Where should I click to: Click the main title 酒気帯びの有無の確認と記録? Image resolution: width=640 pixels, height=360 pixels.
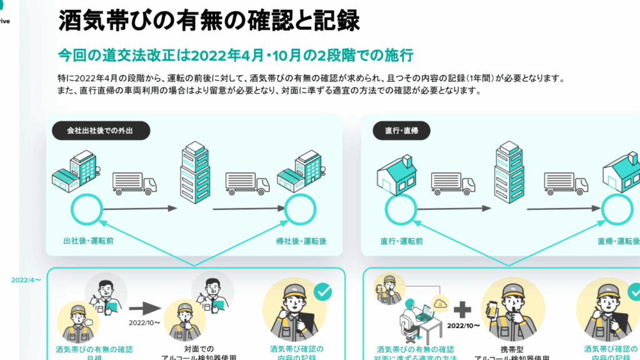pyautogui.click(x=209, y=21)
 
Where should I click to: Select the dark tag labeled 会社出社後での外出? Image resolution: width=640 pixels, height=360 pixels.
pyautogui.click(x=100, y=131)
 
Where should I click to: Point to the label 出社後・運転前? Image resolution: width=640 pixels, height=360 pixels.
pyautogui.click(x=88, y=241)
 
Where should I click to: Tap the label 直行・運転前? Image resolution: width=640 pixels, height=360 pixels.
pyautogui.click(x=401, y=241)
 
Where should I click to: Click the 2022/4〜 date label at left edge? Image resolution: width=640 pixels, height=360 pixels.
pyautogui.click(x=26, y=280)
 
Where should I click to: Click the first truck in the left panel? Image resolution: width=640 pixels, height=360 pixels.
pyautogui.click(x=134, y=182)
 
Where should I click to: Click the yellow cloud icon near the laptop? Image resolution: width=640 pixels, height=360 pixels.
pyautogui.click(x=441, y=304)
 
